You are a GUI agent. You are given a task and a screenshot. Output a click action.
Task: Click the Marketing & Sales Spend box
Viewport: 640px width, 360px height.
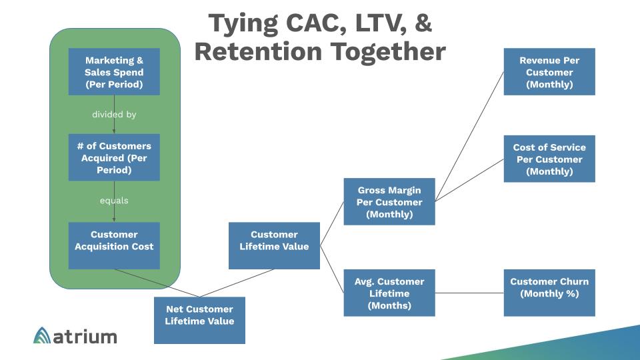(x=114, y=71)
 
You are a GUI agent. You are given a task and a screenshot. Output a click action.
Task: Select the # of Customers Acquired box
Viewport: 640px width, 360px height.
(x=114, y=157)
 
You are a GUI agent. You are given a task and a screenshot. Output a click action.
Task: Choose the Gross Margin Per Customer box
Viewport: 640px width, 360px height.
(x=389, y=201)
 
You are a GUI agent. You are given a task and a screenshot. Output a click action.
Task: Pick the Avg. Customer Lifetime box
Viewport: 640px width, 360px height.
(x=389, y=293)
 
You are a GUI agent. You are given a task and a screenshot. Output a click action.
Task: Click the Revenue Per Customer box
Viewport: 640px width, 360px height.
(x=549, y=71)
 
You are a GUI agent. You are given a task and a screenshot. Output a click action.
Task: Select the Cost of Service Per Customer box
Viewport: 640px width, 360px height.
(x=549, y=159)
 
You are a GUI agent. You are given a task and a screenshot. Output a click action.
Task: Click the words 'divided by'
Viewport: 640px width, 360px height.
(x=114, y=115)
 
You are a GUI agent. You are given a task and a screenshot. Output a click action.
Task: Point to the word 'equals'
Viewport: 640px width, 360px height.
(x=114, y=200)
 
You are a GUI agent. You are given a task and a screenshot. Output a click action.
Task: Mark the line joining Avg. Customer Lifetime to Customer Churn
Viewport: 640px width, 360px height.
(x=469, y=293)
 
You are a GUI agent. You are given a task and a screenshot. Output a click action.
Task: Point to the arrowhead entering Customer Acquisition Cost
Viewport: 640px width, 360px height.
(x=114, y=219)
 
